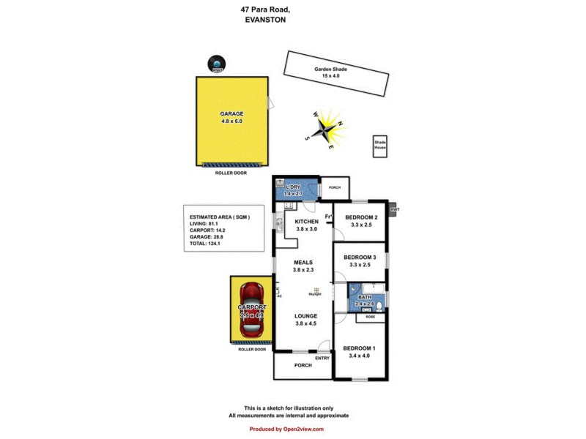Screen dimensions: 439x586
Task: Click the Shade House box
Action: tap(380, 145)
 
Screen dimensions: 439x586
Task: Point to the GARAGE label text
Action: tap(231, 113)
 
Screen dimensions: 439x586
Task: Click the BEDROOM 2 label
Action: tap(361, 217)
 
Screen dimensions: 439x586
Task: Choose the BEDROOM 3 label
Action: tap(361, 258)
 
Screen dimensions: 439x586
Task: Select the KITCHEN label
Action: tap(306, 222)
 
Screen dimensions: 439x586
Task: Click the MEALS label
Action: tap(303, 262)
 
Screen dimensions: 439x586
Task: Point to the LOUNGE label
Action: tap(305, 316)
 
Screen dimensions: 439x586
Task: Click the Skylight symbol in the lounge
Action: tap(317, 290)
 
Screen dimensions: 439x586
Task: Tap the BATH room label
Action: tap(364, 296)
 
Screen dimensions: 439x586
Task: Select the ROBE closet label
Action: tap(369, 318)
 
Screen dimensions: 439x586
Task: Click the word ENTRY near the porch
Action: tap(323, 358)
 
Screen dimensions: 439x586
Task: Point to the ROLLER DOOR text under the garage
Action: tap(231, 173)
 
